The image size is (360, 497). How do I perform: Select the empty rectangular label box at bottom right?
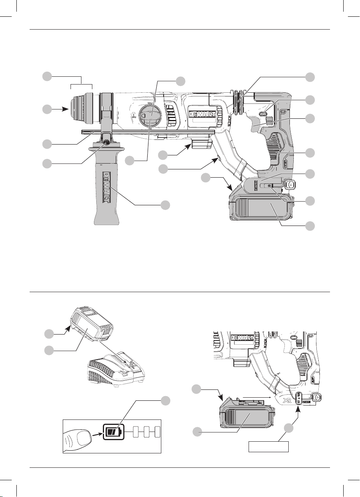(269, 447)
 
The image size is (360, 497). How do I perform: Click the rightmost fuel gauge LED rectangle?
(158, 432)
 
